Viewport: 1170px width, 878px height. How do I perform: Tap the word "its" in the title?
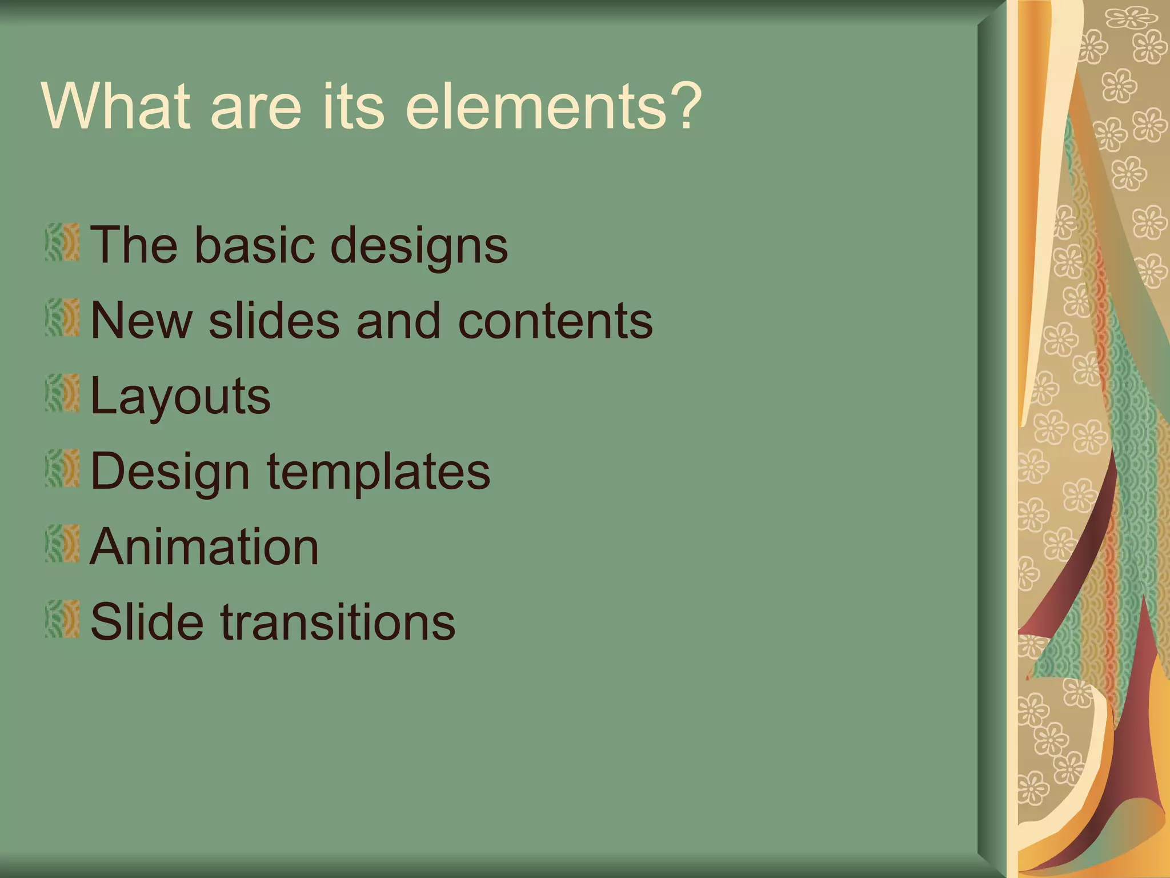352,107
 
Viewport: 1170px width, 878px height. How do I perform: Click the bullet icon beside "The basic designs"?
62,242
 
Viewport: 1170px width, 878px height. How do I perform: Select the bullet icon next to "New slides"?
62,318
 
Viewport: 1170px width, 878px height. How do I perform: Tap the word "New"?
141,321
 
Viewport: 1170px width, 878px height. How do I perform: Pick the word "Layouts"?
181,397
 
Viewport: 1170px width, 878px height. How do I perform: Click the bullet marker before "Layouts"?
62,393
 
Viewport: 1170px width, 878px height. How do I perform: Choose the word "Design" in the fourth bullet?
170,473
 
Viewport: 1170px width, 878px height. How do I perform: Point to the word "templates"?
378,473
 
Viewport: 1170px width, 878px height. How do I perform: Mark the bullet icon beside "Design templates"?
62,469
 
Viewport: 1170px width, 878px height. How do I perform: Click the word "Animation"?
204,547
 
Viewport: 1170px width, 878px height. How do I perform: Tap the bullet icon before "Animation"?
62,544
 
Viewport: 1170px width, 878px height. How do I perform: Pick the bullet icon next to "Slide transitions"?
62,620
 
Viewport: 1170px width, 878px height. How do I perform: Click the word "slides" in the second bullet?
274,321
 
